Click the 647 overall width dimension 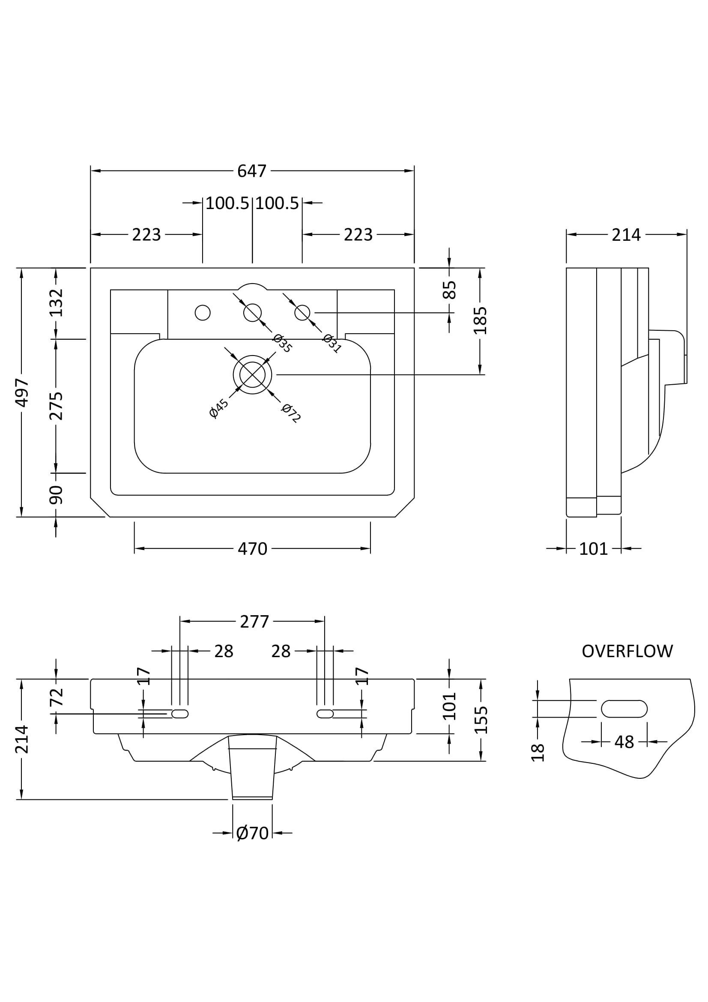252,170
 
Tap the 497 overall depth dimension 22,392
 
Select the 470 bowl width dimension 252,549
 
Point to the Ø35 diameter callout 282,343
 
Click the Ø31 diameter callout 332,343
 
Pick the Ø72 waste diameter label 290,413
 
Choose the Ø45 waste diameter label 218,408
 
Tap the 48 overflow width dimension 624,742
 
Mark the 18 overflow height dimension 538,752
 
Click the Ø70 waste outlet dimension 252,833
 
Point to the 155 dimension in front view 480,720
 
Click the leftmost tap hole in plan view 203,312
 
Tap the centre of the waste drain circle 253,374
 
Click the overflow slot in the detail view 624,709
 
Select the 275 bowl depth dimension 56,406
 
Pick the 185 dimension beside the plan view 480,320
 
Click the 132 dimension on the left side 56,302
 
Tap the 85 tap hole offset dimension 449,290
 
